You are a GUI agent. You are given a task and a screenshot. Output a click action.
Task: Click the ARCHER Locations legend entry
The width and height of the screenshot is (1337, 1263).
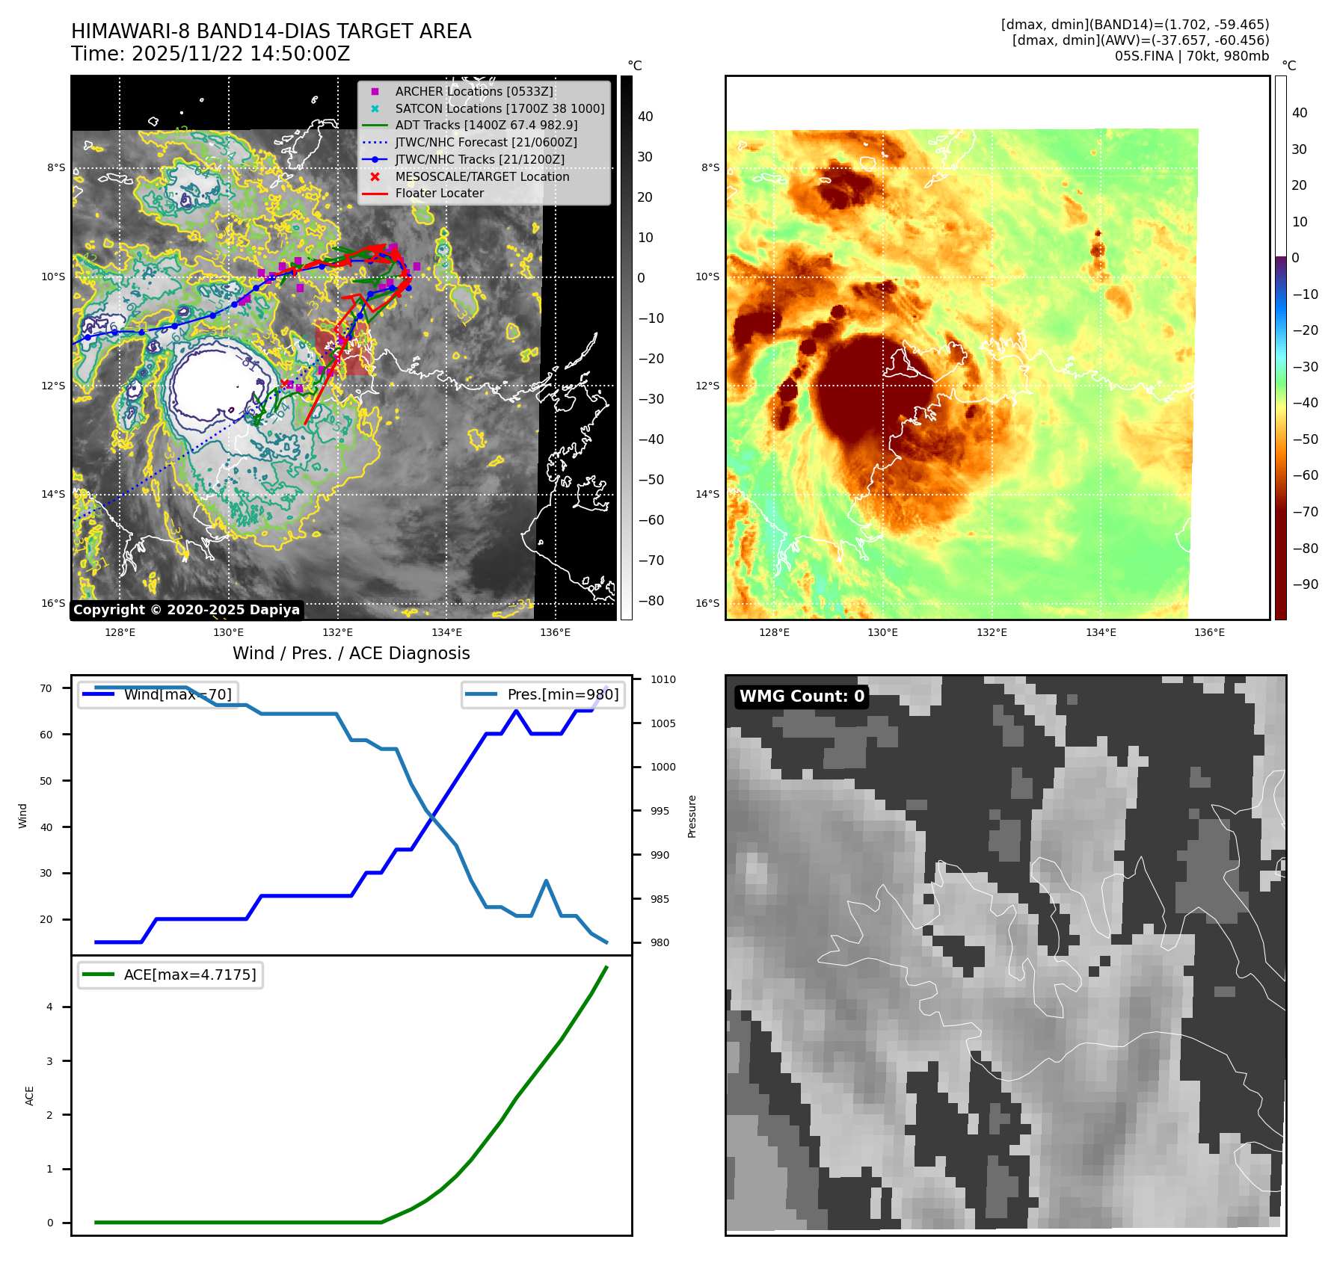coord(474,91)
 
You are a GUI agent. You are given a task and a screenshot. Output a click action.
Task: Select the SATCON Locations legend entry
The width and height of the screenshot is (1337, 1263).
coord(500,108)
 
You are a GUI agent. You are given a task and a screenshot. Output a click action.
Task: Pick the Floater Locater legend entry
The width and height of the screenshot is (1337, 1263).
coord(439,193)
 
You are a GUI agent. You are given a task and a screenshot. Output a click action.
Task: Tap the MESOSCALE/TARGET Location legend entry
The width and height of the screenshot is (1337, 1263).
coord(482,176)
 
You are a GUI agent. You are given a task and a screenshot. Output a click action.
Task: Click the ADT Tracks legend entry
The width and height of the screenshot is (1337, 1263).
coord(486,125)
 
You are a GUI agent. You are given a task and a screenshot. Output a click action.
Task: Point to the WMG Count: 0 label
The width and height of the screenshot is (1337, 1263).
coord(802,697)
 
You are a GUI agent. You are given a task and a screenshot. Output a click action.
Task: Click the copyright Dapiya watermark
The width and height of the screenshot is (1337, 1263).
coord(186,610)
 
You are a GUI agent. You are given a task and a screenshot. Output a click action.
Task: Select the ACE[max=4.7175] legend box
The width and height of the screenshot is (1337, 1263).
coord(171,975)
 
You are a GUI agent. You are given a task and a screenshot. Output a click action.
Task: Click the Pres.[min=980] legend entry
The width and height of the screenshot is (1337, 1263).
coord(544,694)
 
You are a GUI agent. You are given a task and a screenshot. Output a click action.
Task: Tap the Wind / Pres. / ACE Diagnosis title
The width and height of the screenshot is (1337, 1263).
coord(351,653)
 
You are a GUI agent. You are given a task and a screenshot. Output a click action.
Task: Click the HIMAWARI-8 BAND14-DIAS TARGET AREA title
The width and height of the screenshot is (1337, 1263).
coord(271,31)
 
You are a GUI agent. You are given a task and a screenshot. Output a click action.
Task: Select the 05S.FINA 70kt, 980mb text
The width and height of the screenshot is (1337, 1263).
coord(1191,56)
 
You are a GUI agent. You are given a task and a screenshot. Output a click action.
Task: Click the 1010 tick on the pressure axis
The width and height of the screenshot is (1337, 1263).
coord(663,679)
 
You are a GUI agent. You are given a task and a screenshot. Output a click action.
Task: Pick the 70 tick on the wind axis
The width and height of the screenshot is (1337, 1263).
coord(46,688)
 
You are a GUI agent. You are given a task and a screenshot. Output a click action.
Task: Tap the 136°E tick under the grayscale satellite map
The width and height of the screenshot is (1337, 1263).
coord(555,632)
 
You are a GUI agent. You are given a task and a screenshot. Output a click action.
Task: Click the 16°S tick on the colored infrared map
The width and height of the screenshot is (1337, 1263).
coord(707,603)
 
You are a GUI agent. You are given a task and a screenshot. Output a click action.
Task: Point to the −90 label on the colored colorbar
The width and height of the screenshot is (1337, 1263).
coord(1305,584)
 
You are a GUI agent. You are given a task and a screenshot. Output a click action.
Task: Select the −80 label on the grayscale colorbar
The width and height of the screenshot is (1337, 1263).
coord(651,601)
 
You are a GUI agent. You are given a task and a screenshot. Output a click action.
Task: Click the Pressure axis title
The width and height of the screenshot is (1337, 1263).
coord(692,816)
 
